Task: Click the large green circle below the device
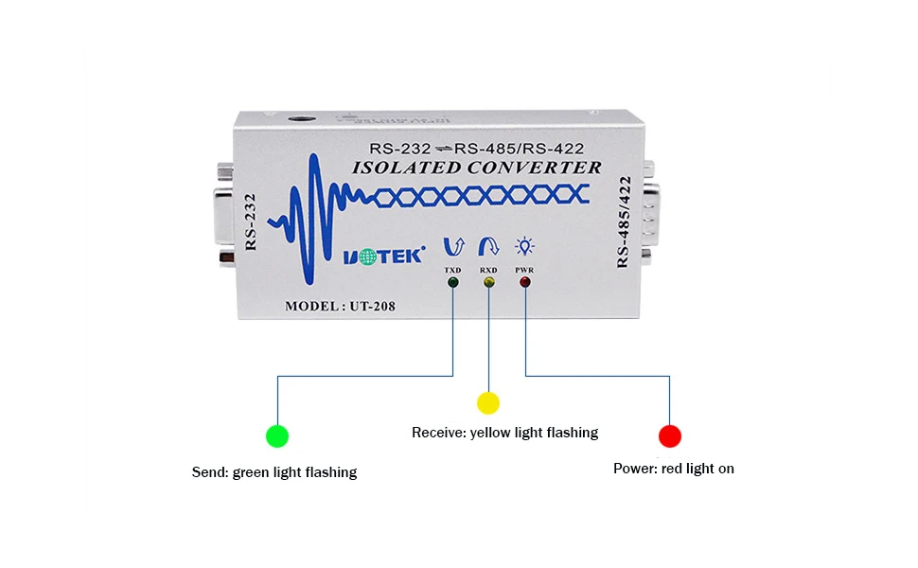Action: (277, 435)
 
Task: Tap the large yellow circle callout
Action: (488, 402)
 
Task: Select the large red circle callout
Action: (670, 435)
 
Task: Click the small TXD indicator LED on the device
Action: (453, 283)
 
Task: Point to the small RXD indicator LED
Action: (488, 283)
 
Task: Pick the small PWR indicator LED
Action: (524, 283)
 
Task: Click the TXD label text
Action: (453, 271)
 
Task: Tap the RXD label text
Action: (488, 271)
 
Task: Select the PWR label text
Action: (524, 271)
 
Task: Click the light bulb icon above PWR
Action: (524, 247)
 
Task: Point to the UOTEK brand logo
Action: (383, 255)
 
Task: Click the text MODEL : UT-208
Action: (342, 306)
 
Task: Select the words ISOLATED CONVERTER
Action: (476, 168)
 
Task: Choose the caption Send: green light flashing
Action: (274, 471)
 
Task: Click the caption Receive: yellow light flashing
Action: (504, 433)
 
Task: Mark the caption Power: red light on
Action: (673, 468)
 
